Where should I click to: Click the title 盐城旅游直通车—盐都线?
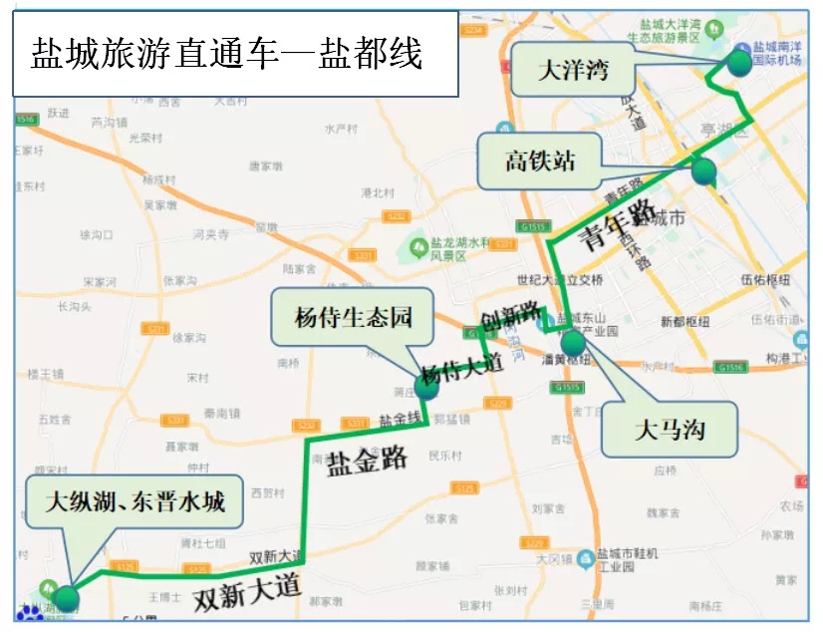(228, 53)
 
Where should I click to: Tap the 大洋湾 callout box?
(573, 71)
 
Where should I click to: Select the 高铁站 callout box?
(540, 160)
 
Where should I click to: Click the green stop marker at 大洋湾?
(738, 63)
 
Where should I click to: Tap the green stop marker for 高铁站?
(703, 171)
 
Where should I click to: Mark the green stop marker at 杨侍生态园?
(426, 387)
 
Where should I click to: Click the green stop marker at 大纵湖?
(66, 598)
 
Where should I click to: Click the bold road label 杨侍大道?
(460, 368)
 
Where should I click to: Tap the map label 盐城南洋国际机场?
(778, 53)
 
